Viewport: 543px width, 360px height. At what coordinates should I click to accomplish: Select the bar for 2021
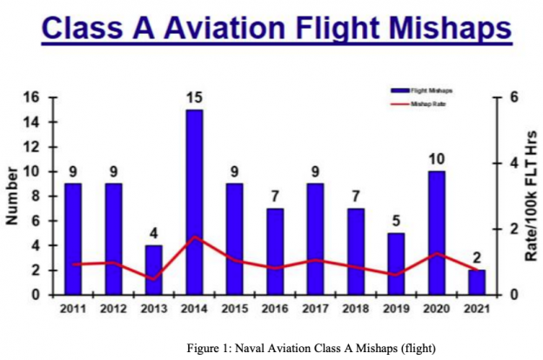[x=475, y=283]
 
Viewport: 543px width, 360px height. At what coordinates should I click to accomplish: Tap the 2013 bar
[x=154, y=270]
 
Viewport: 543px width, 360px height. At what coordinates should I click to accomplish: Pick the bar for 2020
[x=435, y=232]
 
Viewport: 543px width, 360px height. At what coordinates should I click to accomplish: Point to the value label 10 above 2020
[x=435, y=159]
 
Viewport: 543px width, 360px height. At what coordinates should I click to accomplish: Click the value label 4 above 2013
[x=154, y=233]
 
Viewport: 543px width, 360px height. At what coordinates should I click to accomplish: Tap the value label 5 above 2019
[x=395, y=221]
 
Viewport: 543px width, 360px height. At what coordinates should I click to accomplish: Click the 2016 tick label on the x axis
[x=274, y=310]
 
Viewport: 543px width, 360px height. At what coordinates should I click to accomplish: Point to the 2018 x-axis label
[x=355, y=310]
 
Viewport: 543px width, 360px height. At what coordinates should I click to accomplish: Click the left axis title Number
[x=12, y=197]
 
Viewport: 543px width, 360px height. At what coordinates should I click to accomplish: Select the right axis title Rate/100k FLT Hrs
[x=532, y=197]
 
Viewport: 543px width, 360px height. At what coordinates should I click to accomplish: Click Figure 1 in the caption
[x=211, y=348]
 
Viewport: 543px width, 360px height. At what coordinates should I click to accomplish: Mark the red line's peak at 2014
[x=194, y=237]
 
